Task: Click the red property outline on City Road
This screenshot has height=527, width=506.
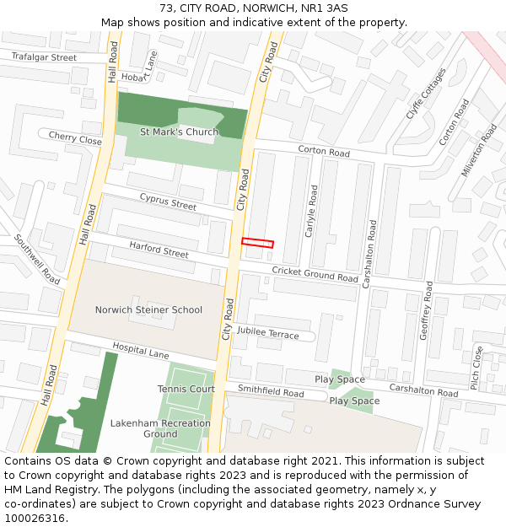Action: [258, 243]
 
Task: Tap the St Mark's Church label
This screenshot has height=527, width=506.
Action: [179, 132]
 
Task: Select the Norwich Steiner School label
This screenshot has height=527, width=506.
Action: [148, 309]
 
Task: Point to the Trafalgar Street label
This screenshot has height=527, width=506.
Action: [44, 57]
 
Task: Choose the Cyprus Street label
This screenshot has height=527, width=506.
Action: [168, 202]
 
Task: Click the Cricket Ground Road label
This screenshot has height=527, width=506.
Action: [315, 274]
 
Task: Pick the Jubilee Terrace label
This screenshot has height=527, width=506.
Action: [267, 334]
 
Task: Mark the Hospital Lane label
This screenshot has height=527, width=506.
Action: [141, 351]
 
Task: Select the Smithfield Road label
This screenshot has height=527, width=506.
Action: [270, 392]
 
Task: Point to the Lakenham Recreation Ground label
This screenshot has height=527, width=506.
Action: [159, 428]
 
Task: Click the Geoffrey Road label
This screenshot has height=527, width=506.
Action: [427, 310]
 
